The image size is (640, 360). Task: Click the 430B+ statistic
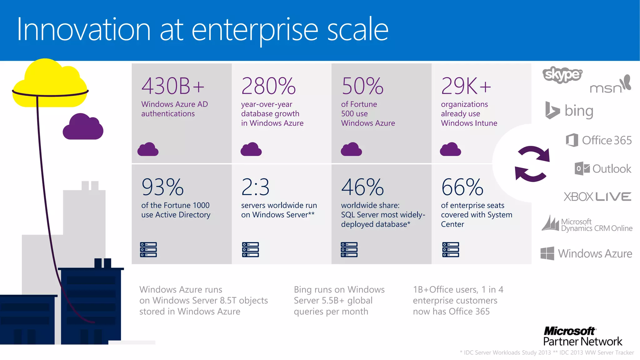173,86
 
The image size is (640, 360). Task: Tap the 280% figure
268,86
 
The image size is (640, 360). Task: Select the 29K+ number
466,86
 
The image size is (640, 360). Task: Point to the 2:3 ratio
255,187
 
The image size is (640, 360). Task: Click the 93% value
162,187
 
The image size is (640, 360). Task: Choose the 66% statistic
462,187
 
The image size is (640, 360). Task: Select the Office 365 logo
599,140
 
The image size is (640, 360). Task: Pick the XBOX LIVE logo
597,197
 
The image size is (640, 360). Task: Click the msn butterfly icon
626,82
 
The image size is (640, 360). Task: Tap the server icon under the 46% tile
349,249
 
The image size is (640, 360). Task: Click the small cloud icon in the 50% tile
351,149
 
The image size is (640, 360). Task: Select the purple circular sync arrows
532,164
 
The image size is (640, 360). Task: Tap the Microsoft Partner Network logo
582,336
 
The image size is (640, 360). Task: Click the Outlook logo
603,169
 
